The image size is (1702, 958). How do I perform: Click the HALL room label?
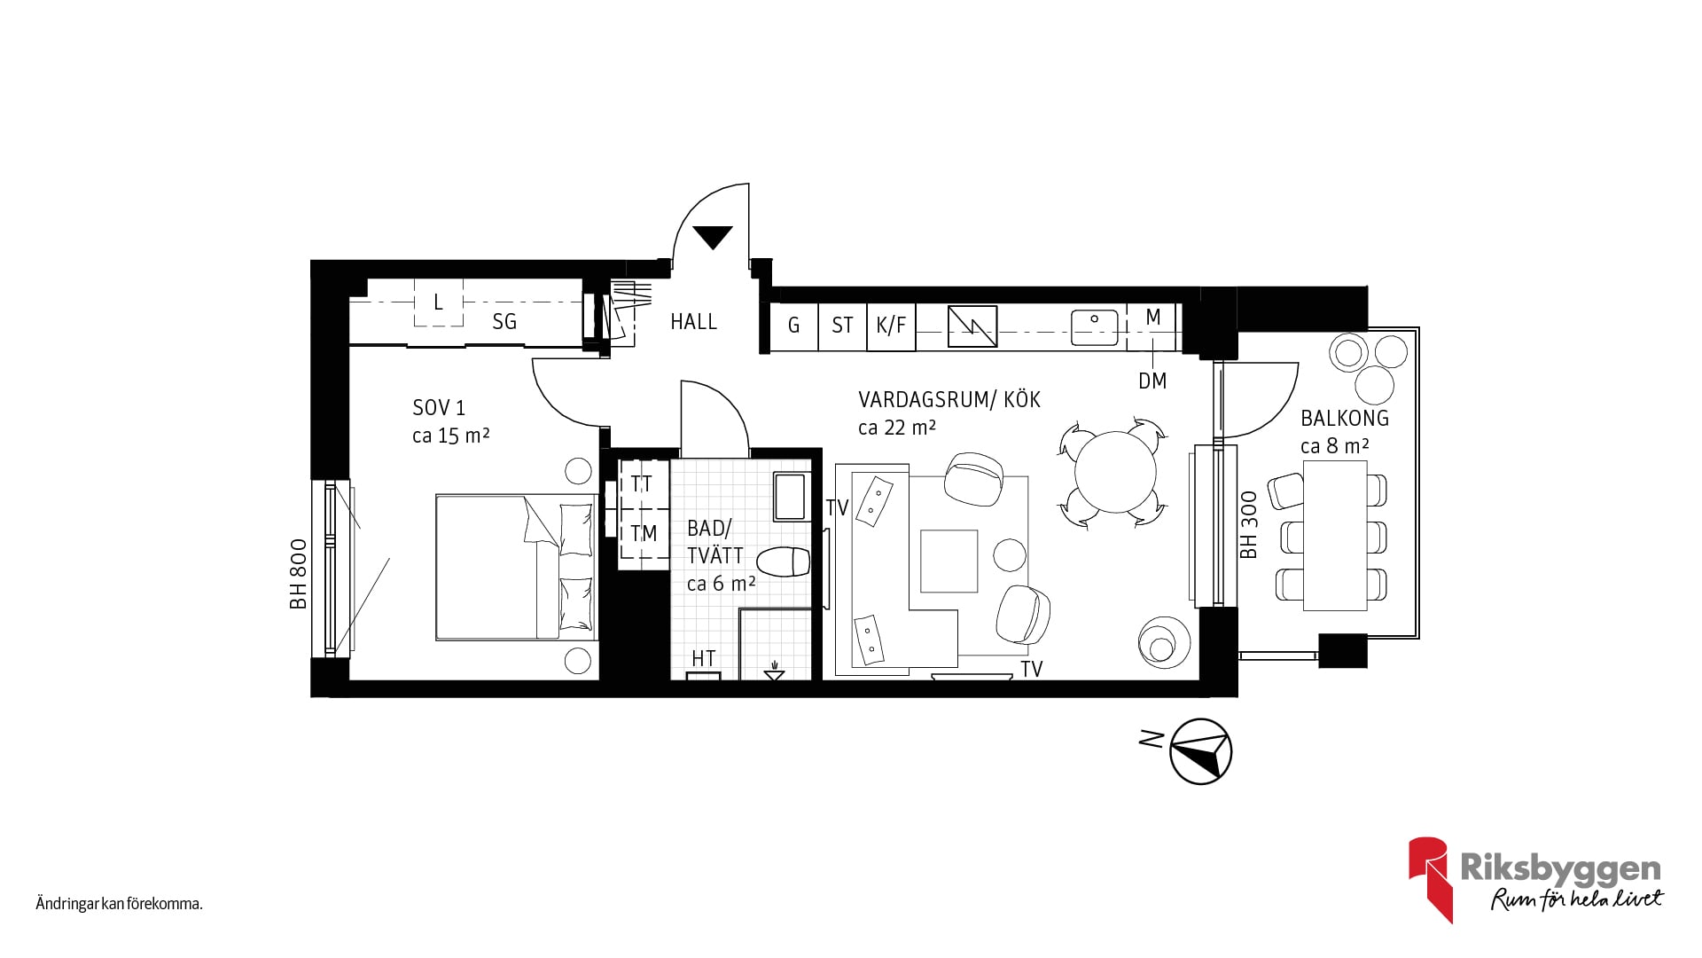(x=693, y=321)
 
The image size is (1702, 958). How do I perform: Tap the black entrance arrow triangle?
(x=713, y=237)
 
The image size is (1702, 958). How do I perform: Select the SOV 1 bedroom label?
(x=439, y=408)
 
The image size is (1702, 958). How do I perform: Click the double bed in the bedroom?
(x=515, y=567)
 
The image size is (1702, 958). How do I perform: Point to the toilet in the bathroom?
(x=784, y=562)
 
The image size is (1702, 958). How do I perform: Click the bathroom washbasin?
(x=790, y=497)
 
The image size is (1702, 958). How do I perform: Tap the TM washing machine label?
(x=644, y=533)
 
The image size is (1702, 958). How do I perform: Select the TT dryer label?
(x=642, y=483)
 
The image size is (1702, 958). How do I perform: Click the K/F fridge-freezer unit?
(x=891, y=326)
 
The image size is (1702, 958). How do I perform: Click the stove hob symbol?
(x=972, y=326)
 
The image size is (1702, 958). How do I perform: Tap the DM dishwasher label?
(x=1152, y=381)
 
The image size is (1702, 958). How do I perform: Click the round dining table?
(x=1115, y=472)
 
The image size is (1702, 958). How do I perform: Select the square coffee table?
(x=949, y=561)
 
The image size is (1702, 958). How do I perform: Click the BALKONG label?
(x=1345, y=418)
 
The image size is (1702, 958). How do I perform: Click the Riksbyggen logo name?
(x=1560, y=868)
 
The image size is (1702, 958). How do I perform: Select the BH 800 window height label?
(x=298, y=574)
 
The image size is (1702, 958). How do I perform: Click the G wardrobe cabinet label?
(x=793, y=326)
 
